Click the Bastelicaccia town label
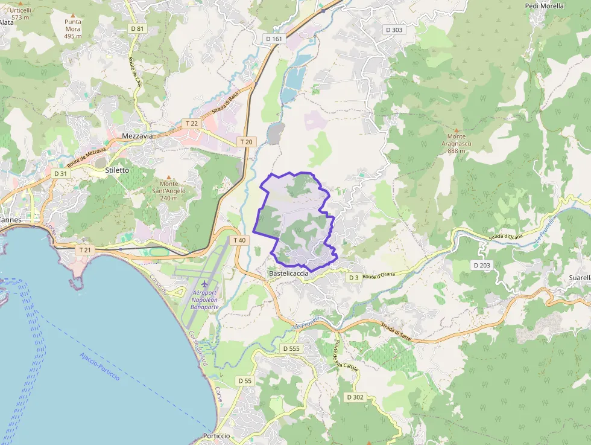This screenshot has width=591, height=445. [x=288, y=274]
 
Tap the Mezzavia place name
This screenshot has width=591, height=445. [x=137, y=136]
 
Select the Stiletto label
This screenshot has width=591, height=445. [x=117, y=170]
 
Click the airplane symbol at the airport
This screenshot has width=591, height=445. [x=204, y=284]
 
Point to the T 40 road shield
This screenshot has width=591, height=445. [x=239, y=240]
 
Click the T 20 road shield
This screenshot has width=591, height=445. [x=246, y=142]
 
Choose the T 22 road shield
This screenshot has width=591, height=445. [x=192, y=123]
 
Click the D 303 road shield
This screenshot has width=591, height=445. [x=394, y=30]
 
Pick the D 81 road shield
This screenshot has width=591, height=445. [x=137, y=28]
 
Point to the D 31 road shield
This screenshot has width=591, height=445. [x=60, y=173]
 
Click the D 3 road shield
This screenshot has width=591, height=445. [x=354, y=278]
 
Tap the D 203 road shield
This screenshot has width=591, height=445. [x=482, y=265]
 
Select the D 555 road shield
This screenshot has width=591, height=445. [x=291, y=348]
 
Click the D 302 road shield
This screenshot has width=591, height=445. [x=355, y=397]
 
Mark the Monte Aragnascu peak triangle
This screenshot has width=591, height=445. [x=457, y=130]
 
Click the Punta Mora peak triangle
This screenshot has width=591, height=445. [x=73, y=15]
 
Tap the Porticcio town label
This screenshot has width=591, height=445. [x=216, y=436]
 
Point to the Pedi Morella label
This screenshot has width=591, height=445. [x=545, y=6]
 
